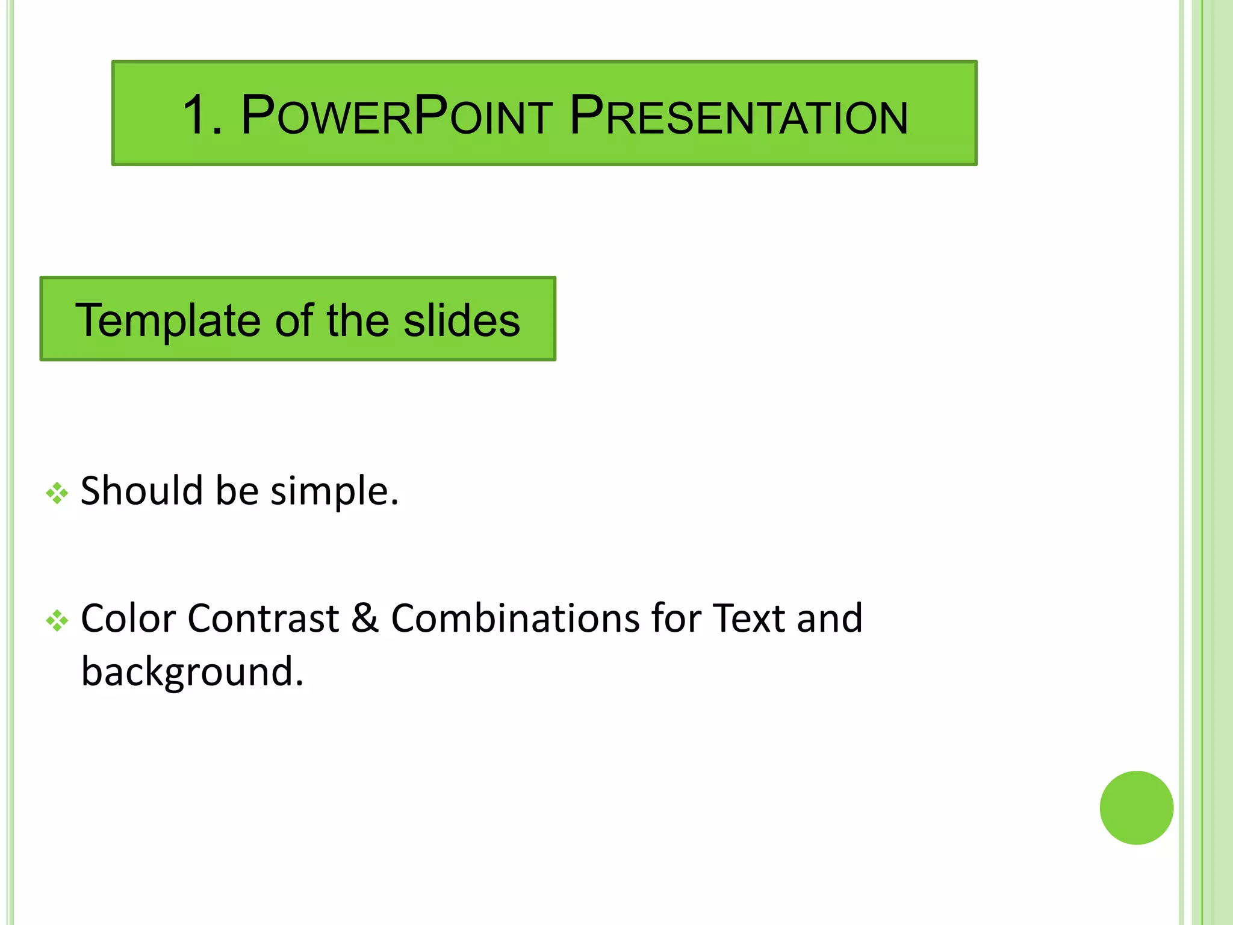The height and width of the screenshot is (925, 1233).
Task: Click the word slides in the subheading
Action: point(462,320)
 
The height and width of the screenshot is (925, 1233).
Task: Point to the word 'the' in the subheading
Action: point(358,320)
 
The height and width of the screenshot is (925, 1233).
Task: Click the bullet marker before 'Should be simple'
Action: point(57,493)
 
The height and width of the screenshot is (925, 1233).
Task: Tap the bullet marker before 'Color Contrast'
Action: point(57,621)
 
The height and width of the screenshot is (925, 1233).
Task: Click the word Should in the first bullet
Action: point(141,490)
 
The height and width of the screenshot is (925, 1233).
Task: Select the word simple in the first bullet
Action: point(334,491)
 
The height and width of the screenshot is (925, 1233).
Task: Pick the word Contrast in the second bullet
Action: point(263,618)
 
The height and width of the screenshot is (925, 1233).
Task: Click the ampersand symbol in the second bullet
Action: point(365,618)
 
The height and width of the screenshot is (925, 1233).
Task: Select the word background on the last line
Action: point(192,672)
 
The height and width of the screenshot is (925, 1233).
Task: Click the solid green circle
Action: point(1136,808)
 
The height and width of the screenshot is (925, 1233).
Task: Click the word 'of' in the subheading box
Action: point(294,320)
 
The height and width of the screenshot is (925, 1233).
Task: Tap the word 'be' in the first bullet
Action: point(237,490)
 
